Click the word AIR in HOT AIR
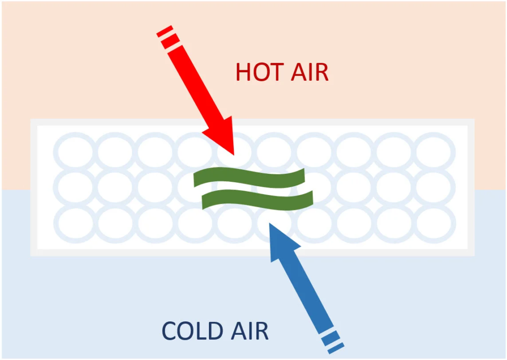point(310,72)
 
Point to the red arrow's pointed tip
point(234,154)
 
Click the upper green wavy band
point(249,178)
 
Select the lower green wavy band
point(257,200)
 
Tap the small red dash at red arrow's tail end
point(164,31)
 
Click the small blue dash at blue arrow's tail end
point(336,348)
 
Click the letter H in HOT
point(244,72)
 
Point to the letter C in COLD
point(170,331)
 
